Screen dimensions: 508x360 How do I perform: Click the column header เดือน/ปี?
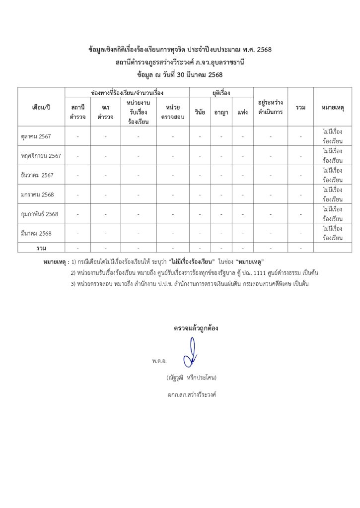point(41,107)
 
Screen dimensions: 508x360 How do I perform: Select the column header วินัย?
point(200,112)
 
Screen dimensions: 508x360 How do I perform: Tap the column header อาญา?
point(221,112)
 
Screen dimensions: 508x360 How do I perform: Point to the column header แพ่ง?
point(243,112)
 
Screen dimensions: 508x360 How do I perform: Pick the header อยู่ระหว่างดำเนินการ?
point(271,107)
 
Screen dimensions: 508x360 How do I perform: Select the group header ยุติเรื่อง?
point(221,93)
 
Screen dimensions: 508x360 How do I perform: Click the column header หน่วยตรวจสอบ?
point(173,112)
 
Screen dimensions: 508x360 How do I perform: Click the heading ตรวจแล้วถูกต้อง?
point(196,328)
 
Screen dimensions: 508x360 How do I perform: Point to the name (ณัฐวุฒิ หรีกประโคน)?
point(192,378)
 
